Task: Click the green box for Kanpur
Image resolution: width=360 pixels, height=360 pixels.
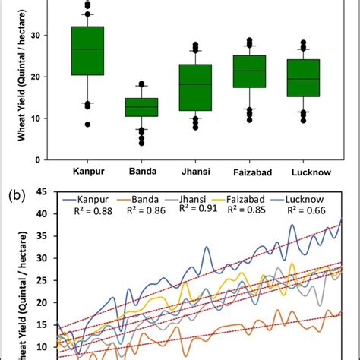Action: pyautogui.click(x=87, y=51)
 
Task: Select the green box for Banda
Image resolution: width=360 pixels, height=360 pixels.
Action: pyautogui.click(x=141, y=106)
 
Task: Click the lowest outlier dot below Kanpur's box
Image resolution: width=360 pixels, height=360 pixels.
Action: pyautogui.click(x=87, y=124)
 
